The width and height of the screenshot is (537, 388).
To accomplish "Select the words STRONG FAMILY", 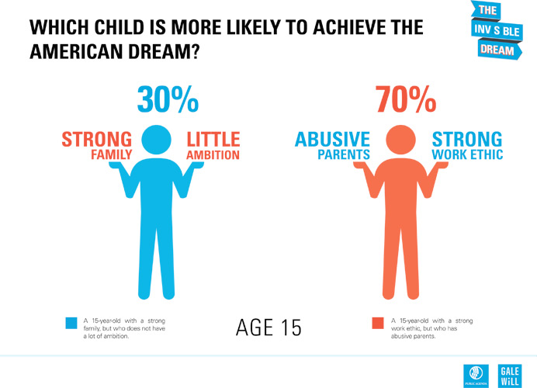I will pyautogui.click(x=98, y=147).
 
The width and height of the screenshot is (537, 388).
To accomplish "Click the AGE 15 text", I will pyautogui.click(x=268, y=327).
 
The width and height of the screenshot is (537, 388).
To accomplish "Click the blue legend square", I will pyautogui.click(x=71, y=322).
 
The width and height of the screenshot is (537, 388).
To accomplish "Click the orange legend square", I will pyautogui.click(x=378, y=322).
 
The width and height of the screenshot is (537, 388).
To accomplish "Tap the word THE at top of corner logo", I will pyautogui.click(x=487, y=11).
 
